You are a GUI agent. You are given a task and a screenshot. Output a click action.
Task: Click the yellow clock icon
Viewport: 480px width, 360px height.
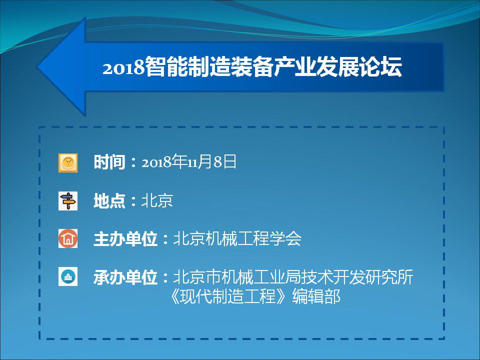coord(68,163)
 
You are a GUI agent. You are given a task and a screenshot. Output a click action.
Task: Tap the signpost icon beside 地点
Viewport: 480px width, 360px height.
coord(68,201)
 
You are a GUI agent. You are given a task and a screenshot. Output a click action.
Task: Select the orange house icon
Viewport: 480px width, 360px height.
coord(68,238)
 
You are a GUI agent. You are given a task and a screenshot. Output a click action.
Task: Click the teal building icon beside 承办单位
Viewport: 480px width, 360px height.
coord(68,276)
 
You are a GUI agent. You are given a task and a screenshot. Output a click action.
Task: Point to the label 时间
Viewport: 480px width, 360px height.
coord(109,162)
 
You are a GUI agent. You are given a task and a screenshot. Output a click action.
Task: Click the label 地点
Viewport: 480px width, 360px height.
coord(109,201)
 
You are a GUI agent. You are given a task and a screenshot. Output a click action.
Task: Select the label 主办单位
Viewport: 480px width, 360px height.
coord(125,239)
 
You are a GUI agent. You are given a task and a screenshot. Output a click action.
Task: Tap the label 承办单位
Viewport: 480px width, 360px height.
coord(125,277)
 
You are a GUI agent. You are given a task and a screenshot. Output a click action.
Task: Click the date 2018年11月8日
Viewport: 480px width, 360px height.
coord(189,161)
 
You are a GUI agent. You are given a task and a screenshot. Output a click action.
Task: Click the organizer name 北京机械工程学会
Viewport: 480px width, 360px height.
coord(237,238)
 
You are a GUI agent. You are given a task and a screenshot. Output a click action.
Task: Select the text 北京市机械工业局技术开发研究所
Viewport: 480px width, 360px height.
coord(293,277)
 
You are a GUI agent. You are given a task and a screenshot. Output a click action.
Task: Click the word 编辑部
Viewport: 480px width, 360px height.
coord(316,296)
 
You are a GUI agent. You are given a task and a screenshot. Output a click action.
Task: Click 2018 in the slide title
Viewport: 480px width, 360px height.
coord(123,67)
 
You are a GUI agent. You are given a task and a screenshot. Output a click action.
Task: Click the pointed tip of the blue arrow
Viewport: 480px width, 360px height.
coord(36,66)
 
